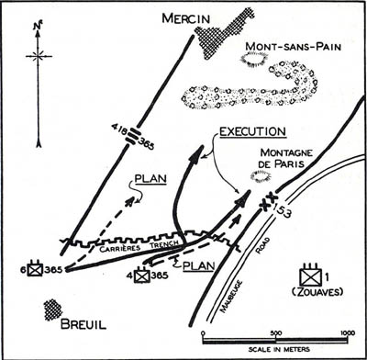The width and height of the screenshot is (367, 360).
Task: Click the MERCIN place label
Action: coord(186,18)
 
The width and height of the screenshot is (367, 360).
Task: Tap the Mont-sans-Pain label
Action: coord(293,47)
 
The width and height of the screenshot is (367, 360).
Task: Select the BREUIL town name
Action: coord(83,324)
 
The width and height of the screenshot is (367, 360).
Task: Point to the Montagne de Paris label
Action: coord(282,158)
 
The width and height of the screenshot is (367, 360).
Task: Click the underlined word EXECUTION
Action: coord(253,131)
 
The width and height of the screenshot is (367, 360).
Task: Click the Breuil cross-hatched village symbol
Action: coord(53,309)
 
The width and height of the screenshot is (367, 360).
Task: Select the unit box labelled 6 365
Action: coord(36,268)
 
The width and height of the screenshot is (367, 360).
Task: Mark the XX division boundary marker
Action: coord(269,200)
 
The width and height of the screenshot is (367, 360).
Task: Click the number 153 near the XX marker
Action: coord(282,210)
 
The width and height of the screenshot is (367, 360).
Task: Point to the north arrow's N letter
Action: coord(37,27)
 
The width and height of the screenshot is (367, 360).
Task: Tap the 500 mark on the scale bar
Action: coord(275,333)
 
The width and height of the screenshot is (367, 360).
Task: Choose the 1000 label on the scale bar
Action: coord(348,333)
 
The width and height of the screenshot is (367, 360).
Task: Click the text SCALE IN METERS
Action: coord(279,349)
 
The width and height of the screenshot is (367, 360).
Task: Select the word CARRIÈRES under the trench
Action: coord(120,248)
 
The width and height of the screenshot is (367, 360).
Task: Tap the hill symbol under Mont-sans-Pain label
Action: coord(254,58)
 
